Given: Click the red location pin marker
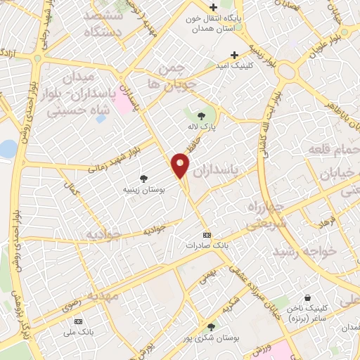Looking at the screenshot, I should pos(181,166).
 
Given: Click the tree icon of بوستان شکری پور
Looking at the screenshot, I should pos(211,326).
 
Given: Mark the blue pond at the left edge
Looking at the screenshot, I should pos(6,149).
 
